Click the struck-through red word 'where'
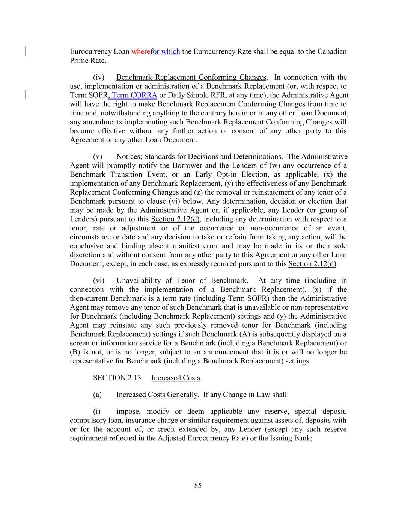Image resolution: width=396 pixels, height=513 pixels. pyautogui.click(x=141, y=52)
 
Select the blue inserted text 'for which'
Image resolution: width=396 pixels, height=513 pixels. pyautogui.click(x=165, y=52)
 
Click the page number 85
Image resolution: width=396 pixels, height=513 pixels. pyautogui.click(x=198, y=486)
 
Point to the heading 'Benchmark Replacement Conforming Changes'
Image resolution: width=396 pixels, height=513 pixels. pyautogui.click(x=191, y=77)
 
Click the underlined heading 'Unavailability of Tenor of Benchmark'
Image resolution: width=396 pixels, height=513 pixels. pyautogui.click(x=181, y=281)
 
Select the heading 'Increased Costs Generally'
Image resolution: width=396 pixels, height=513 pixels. pyautogui.click(x=157, y=395)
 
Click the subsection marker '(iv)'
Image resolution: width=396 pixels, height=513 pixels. pyautogui.click(x=99, y=77)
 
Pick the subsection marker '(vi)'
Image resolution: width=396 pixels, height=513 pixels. pyautogui.click(x=99, y=281)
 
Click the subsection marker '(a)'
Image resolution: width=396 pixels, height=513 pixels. pyautogui.click(x=97, y=395)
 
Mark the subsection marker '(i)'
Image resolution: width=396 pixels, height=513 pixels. pyautogui.click(x=97, y=412)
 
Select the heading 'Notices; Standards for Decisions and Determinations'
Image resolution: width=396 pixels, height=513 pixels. pyautogui.click(x=199, y=157)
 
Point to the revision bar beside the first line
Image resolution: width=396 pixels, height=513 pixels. pyautogui.click(x=26, y=51)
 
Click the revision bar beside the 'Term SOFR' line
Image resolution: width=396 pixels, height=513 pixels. pyautogui.click(x=26, y=94)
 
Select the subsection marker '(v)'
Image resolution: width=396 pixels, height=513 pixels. pyautogui.click(x=98, y=157)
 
